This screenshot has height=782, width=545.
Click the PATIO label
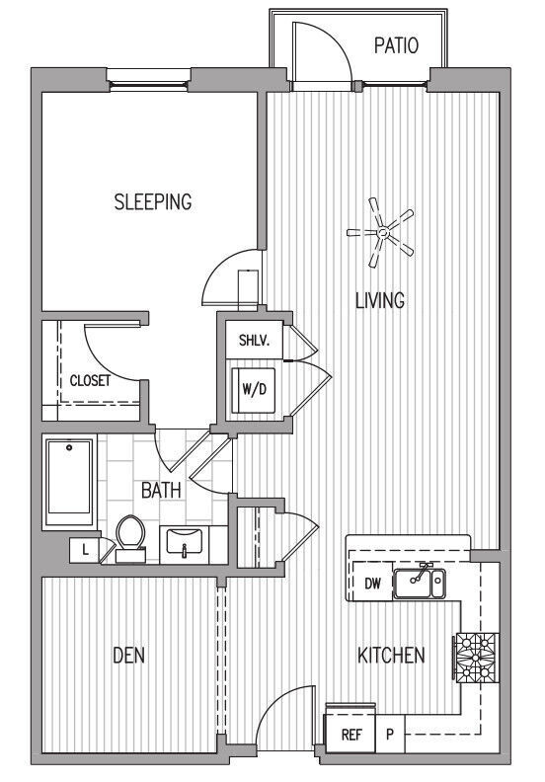(x=396, y=45)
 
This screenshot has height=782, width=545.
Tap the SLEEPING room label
(x=152, y=202)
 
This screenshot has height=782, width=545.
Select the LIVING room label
(x=380, y=300)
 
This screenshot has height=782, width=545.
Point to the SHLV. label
(x=254, y=343)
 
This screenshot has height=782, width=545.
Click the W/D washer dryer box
(x=254, y=389)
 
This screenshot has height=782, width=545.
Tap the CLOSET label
(x=90, y=379)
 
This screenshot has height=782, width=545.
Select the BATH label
(x=159, y=490)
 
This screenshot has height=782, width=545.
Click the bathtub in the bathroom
(x=70, y=483)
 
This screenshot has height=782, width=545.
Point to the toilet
(x=130, y=538)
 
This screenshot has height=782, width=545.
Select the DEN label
(x=128, y=656)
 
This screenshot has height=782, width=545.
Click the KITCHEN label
(x=391, y=655)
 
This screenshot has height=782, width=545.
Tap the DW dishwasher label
(x=372, y=584)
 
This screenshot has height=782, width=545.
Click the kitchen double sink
(x=420, y=584)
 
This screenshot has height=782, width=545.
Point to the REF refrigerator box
(x=350, y=735)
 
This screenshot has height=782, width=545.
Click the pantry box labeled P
(x=390, y=735)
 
